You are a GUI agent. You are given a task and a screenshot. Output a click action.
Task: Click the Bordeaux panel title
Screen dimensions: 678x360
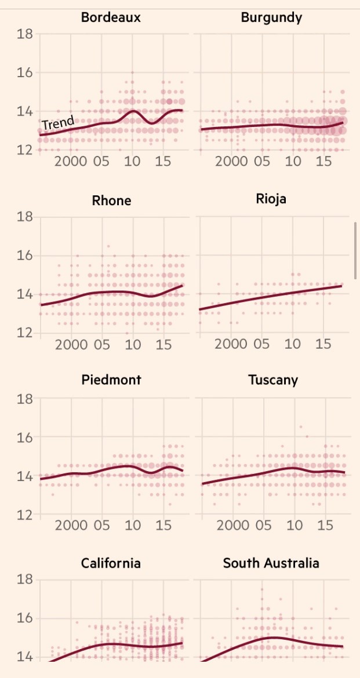[111, 17]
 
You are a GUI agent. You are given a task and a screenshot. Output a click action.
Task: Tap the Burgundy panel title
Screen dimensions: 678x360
[271, 17]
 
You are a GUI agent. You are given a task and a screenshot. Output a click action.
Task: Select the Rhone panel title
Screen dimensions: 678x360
[111, 201]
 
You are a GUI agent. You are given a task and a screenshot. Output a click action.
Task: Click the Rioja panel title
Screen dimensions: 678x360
[271, 199]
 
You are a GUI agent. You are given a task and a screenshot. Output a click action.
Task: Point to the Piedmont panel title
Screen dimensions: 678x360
[111, 380]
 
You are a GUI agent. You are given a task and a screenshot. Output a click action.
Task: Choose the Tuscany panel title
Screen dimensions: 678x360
[273, 380]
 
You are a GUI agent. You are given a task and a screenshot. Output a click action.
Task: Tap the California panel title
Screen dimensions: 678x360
[111, 563]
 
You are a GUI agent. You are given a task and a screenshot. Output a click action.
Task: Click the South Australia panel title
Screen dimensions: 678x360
[271, 563]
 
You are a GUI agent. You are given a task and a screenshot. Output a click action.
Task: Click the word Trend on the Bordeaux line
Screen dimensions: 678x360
[58, 123]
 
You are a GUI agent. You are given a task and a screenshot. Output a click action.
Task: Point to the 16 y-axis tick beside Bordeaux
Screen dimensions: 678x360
[24, 72]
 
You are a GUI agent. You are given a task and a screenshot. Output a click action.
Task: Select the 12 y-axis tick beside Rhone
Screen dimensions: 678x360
[24, 333]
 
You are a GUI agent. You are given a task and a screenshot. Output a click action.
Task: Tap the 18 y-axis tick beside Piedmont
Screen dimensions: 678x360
[24, 399]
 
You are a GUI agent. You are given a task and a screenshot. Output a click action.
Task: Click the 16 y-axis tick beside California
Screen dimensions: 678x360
[24, 618]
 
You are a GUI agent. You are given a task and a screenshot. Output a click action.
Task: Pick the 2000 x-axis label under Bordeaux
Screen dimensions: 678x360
[71, 161]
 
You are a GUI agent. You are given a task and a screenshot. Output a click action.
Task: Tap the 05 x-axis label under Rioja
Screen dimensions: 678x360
[262, 344]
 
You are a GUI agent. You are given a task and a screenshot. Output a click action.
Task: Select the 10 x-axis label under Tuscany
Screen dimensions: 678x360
[294, 525]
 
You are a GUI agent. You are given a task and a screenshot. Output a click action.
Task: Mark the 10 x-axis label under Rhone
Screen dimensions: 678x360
[133, 345]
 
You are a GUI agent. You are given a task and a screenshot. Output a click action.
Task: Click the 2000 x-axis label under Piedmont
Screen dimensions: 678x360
[71, 525]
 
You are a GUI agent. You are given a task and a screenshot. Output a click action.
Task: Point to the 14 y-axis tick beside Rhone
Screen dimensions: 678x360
[24, 294]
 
